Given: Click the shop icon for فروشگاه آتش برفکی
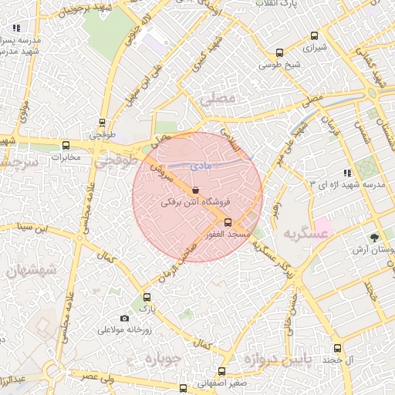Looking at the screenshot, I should tap(194, 190).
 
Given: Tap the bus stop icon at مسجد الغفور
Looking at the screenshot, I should tap(226, 221).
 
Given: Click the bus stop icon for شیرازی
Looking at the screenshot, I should tap(313, 35).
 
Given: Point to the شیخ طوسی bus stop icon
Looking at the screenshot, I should tap(279, 53).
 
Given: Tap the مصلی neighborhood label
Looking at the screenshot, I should tap(215, 100).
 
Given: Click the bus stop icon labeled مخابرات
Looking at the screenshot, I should tap(66, 145).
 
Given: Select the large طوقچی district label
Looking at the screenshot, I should tap(115, 163).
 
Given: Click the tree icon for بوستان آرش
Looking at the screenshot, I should tap(376, 238).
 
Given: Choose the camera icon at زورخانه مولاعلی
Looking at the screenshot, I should tap(125, 318).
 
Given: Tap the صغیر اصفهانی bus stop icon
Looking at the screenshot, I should tap(222, 371).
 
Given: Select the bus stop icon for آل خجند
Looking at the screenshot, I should tap(338, 349).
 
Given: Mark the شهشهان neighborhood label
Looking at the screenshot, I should tap(29, 271).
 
